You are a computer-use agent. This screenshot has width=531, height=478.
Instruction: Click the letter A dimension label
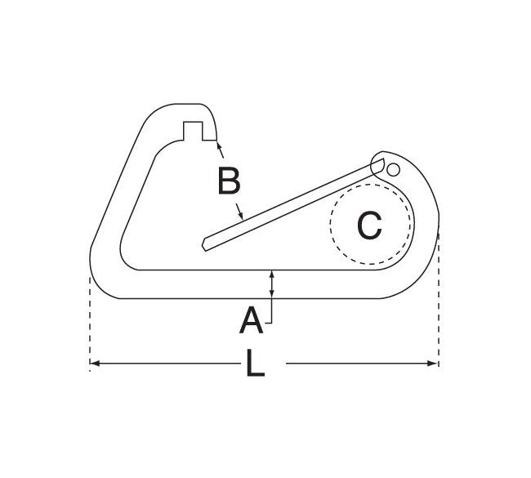[x=250, y=321]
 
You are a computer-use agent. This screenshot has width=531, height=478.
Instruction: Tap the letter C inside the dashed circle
[x=369, y=225]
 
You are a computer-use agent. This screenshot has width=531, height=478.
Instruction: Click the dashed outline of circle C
[x=332, y=225]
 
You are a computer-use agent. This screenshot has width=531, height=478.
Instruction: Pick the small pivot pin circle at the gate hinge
[x=394, y=169]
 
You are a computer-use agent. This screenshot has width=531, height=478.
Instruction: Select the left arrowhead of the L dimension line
[x=95, y=362]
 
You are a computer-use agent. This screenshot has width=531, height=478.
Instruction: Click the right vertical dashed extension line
[x=439, y=310]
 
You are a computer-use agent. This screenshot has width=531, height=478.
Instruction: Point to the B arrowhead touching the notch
[x=219, y=145]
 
